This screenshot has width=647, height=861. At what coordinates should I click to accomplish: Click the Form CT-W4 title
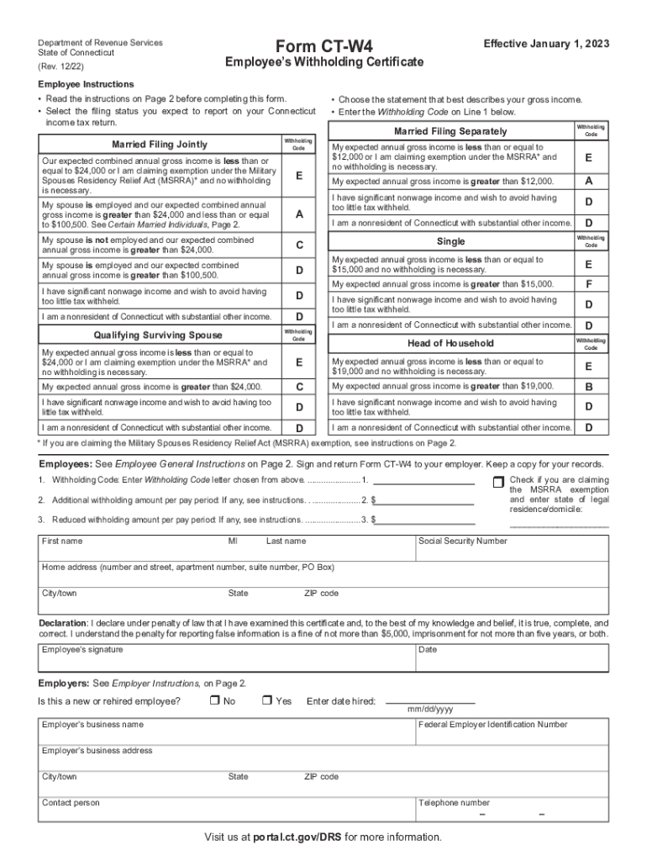coord(323,45)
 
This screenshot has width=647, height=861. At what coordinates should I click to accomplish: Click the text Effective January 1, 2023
coord(546,44)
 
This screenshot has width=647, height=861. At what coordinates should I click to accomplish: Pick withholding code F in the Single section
coord(588,284)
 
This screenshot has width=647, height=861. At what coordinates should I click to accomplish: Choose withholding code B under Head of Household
coord(588,387)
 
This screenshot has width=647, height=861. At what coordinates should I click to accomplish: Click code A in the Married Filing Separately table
coord(588,182)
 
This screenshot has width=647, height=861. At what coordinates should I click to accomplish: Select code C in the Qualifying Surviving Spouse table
coord(298,387)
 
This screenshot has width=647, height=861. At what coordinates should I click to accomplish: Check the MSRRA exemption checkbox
coord(497,481)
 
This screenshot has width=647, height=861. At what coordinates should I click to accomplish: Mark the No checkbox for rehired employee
coord(214,700)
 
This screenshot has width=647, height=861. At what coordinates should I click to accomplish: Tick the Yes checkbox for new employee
coord(266,700)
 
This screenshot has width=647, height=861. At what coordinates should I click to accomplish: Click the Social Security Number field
coord(512,550)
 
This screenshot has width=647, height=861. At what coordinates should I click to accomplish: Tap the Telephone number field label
coord(454,802)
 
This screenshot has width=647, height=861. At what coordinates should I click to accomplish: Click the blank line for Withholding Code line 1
coord(423,480)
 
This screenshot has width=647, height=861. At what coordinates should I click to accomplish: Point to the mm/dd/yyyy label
coord(430,710)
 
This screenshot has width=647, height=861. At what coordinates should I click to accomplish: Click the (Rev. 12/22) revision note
coord(60,65)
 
